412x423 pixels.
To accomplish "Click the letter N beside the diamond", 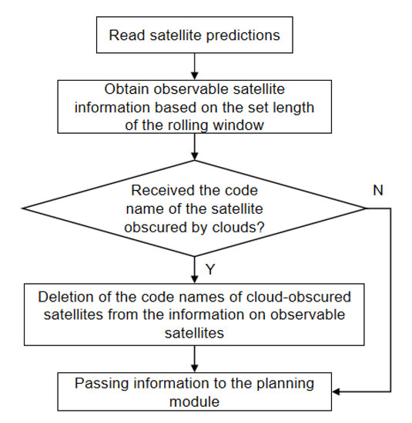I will click(379, 188).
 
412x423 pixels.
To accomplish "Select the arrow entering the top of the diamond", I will click(195, 148).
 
